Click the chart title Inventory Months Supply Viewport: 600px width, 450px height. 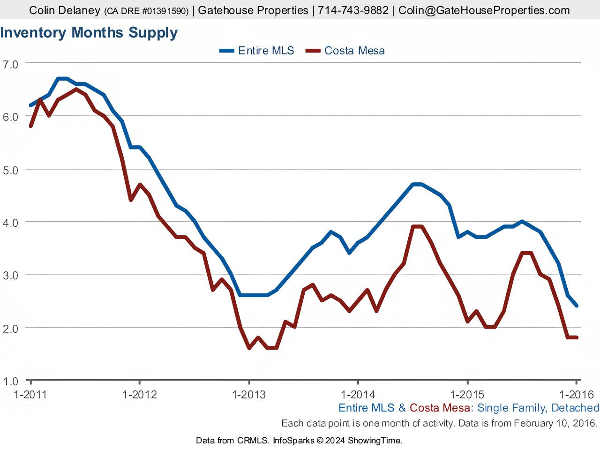[x=89, y=33]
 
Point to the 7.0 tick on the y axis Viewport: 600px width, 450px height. [x=10, y=64]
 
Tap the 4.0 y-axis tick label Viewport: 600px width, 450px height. [x=10, y=223]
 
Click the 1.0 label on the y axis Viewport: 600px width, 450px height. [x=10, y=381]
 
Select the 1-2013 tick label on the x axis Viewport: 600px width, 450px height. [x=249, y=394]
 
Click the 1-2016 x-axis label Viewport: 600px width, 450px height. [x=576, y=394]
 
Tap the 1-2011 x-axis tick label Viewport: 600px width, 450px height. [x=30, y=394]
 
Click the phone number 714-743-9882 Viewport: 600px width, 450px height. [x=353, y=10]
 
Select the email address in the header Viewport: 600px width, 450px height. [x=484, y=10]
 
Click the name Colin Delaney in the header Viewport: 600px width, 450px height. [x=65, y=10]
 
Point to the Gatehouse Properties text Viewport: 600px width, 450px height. [x=253, y=10]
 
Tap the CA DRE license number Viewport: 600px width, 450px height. [x=146, y=11]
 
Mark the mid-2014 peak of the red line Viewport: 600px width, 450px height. [x=417, y=227]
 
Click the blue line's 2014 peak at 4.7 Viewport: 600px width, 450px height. [x=417, y=184]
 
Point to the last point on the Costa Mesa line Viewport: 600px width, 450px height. [x=576, y=337]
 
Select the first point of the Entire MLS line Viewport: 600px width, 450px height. [x=30, y=105]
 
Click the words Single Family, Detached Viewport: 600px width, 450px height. [x=538, y=408]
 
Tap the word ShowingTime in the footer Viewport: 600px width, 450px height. [x=375, y=440]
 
